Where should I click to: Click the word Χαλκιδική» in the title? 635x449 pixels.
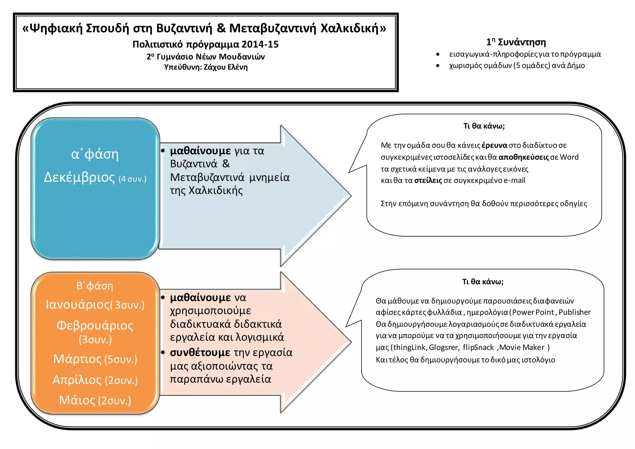click(x=353, y=28)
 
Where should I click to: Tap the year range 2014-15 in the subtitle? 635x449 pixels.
click(x=260, y=44)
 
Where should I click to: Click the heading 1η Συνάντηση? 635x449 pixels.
click(x=516, y=42)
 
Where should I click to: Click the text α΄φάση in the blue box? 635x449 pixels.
click(x=95, y=154)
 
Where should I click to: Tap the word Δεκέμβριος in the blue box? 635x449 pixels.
click(x=79, y=177)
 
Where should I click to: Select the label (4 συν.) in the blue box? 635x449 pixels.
click(x=132, y=179)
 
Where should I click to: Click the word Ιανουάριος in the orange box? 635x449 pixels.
click(x=78, y=305)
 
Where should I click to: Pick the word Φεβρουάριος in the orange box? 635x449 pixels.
click(x=95, y=326)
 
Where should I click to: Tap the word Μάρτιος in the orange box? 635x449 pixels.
click(x=78, y=359)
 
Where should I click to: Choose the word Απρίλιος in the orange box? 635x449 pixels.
click(x=77, y=380)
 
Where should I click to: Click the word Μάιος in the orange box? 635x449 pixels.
click(x=77, y=400)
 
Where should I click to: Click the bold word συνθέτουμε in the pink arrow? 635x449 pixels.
click(x=200, y=353)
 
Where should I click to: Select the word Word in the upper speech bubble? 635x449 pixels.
click(x=569, y=157)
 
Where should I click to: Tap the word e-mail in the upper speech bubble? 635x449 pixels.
click(x=514, y=180)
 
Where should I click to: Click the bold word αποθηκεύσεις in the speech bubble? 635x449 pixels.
click(x=524, y=157)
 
